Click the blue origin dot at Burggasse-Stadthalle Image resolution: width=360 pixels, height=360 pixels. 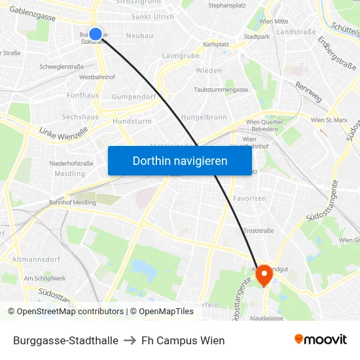pos(96,34)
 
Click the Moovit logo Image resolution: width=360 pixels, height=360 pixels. pos(320,340)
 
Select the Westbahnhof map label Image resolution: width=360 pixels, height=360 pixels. pos(97,77)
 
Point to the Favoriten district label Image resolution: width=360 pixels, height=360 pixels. pos(250,198)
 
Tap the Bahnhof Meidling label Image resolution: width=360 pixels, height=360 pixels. pos(73,202)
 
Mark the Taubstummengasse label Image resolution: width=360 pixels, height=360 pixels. pos(221,90)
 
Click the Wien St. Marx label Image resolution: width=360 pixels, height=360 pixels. pos(329,120)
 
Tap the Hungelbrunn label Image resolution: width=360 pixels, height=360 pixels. pos(204,117)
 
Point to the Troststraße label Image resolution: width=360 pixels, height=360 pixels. pos(258,231)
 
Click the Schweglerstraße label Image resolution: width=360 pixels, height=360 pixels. pos(62,67)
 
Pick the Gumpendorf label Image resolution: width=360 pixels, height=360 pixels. pos(134,96)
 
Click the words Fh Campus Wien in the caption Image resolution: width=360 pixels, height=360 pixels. pos(183,340)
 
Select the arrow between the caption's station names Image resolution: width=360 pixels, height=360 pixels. pos(130,340)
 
